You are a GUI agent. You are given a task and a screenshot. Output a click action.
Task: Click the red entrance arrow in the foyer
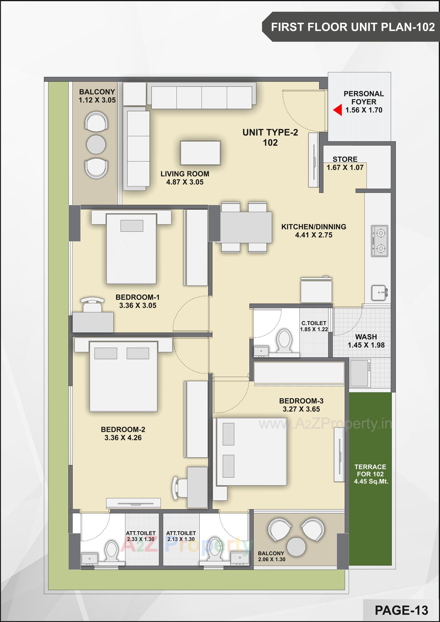pyautogui.click(x=338, y=110)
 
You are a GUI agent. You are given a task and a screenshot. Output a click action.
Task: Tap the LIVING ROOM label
pyautogui.click(x=185, y=174)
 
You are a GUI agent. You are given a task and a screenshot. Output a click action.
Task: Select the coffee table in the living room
pyautogui.click(x=200, y=153)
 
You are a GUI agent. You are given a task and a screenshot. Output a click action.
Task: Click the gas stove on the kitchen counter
pyautogui.click(x=379, y=241)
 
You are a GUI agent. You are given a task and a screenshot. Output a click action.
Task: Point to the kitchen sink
pyautogui.click(x=379, y=293)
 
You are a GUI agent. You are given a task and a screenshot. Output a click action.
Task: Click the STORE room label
pyautogui.click(x=345, y=159)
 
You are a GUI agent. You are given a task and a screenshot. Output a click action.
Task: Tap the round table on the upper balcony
pyautogui.click(x=96, y=144)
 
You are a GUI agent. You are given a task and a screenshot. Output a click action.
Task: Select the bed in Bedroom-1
pyautogui.click(x=131, y=249)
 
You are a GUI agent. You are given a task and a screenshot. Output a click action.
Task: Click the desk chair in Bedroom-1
pyautogui.click(x=92, y=305)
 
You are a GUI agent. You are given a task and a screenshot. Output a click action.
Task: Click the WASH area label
pyautogui.click(x=366, y=337)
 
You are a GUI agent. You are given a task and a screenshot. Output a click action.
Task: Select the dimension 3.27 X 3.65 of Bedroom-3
pyautogui.click(x=301, y=409)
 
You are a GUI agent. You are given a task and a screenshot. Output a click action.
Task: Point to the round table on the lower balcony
pyautogui.click(x=296, y=547)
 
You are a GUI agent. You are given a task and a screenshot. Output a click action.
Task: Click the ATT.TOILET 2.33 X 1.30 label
pyautogui.click(x=141, y=536)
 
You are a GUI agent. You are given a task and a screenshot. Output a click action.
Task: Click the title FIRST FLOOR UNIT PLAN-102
pyautogui.click(x=353, y=27)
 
